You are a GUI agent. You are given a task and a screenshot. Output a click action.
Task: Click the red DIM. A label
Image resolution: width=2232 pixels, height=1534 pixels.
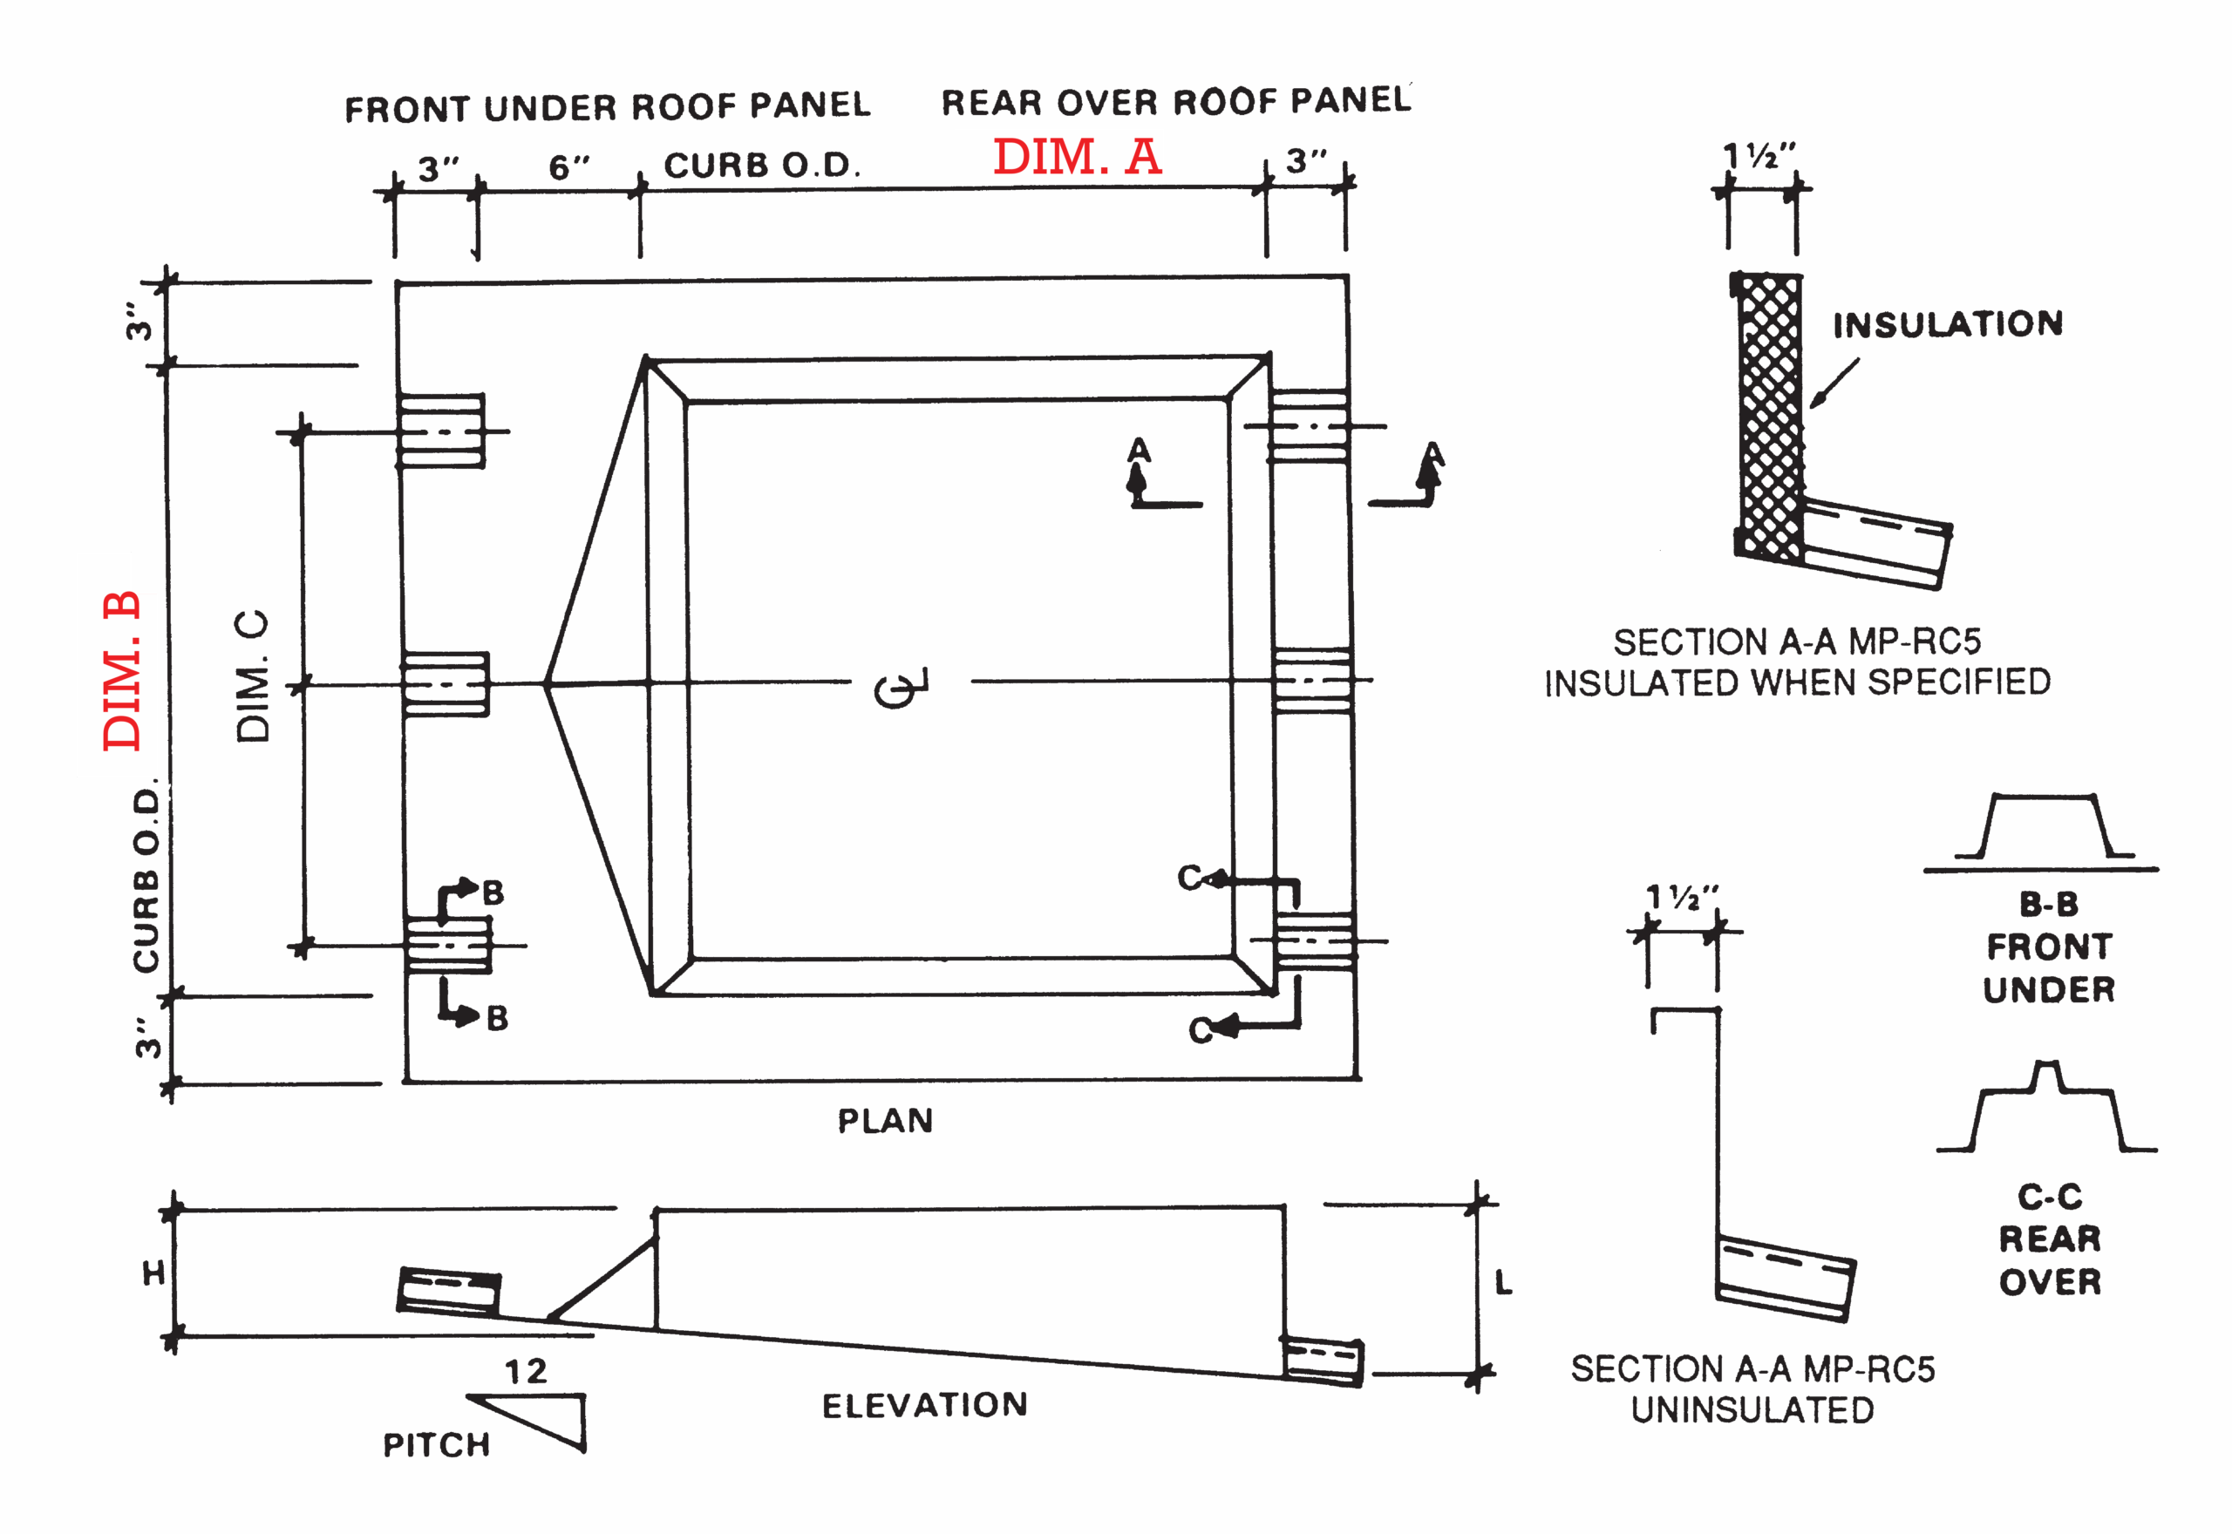coord(1078,156)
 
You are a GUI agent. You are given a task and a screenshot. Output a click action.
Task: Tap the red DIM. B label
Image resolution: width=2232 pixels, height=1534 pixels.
coord(123,670)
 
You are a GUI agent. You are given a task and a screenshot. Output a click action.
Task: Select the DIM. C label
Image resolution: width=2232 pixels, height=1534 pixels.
coord(252,675)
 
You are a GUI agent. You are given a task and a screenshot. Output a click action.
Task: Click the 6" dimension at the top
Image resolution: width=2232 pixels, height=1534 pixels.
coord(569,167)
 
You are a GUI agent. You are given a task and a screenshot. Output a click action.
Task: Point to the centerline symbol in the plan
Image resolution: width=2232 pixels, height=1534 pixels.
coord(901,686)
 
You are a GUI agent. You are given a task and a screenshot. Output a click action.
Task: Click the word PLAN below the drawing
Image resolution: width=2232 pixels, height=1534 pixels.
coord(885,1121)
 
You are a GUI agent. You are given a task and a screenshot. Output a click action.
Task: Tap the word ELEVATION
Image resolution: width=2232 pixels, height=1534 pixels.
coord(925,1405)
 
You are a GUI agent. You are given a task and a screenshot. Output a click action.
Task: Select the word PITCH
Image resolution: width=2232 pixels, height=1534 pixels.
coord(437,1444)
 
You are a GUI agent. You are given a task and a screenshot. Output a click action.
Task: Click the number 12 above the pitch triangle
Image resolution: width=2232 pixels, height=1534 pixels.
coord(527,1371)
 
